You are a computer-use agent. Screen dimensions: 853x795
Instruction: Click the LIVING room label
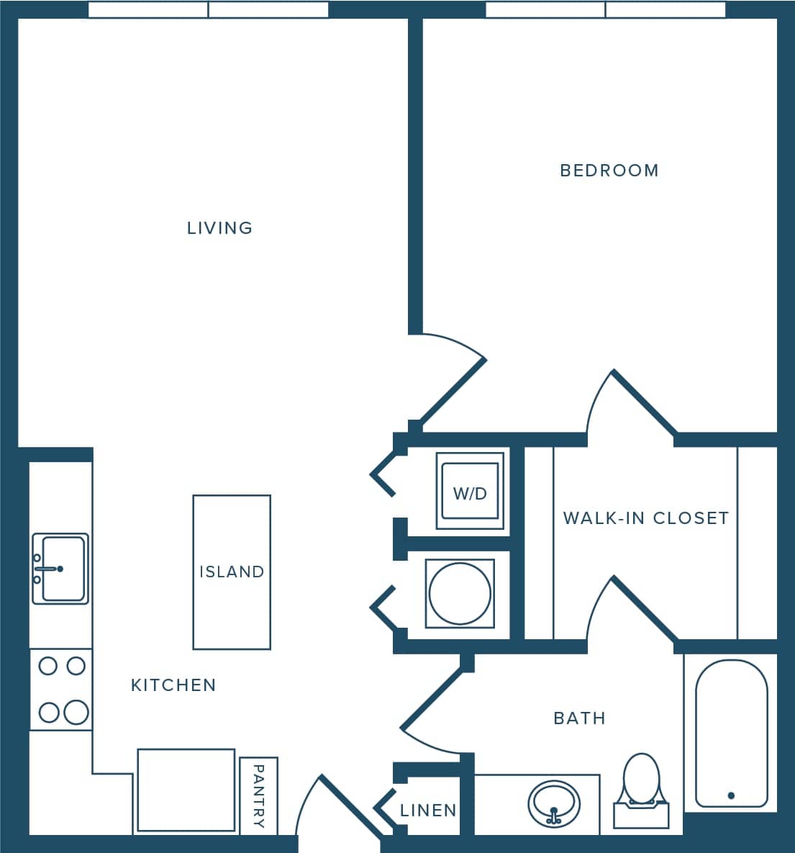click(219, 228)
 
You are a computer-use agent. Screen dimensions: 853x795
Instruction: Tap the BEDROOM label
click(609, 171)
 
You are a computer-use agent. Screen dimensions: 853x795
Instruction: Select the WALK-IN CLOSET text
click(645, 518)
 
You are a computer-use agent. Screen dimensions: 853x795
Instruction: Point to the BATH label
click(579, 718)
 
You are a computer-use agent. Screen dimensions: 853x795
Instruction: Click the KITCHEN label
click(173, 685)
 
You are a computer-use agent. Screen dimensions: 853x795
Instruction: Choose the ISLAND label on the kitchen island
click(232, 572)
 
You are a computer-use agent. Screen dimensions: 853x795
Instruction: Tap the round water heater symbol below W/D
click(460, 592)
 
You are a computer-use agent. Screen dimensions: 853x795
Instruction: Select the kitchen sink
click(60, 569)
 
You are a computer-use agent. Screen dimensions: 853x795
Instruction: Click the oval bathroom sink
click(554, 805)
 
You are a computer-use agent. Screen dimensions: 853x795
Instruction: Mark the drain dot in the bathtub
click(731, 795)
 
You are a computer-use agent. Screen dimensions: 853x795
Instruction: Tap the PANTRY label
click(259, 795)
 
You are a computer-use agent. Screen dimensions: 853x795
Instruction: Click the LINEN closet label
click(428, 811)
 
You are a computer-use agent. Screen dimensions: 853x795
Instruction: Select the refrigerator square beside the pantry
click(186, 790)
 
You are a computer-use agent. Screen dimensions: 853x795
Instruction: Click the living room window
click(208, 10)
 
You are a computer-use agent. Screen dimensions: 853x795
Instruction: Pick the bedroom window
click(605, 10)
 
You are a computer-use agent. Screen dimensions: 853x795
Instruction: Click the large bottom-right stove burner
click(76, 713)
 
